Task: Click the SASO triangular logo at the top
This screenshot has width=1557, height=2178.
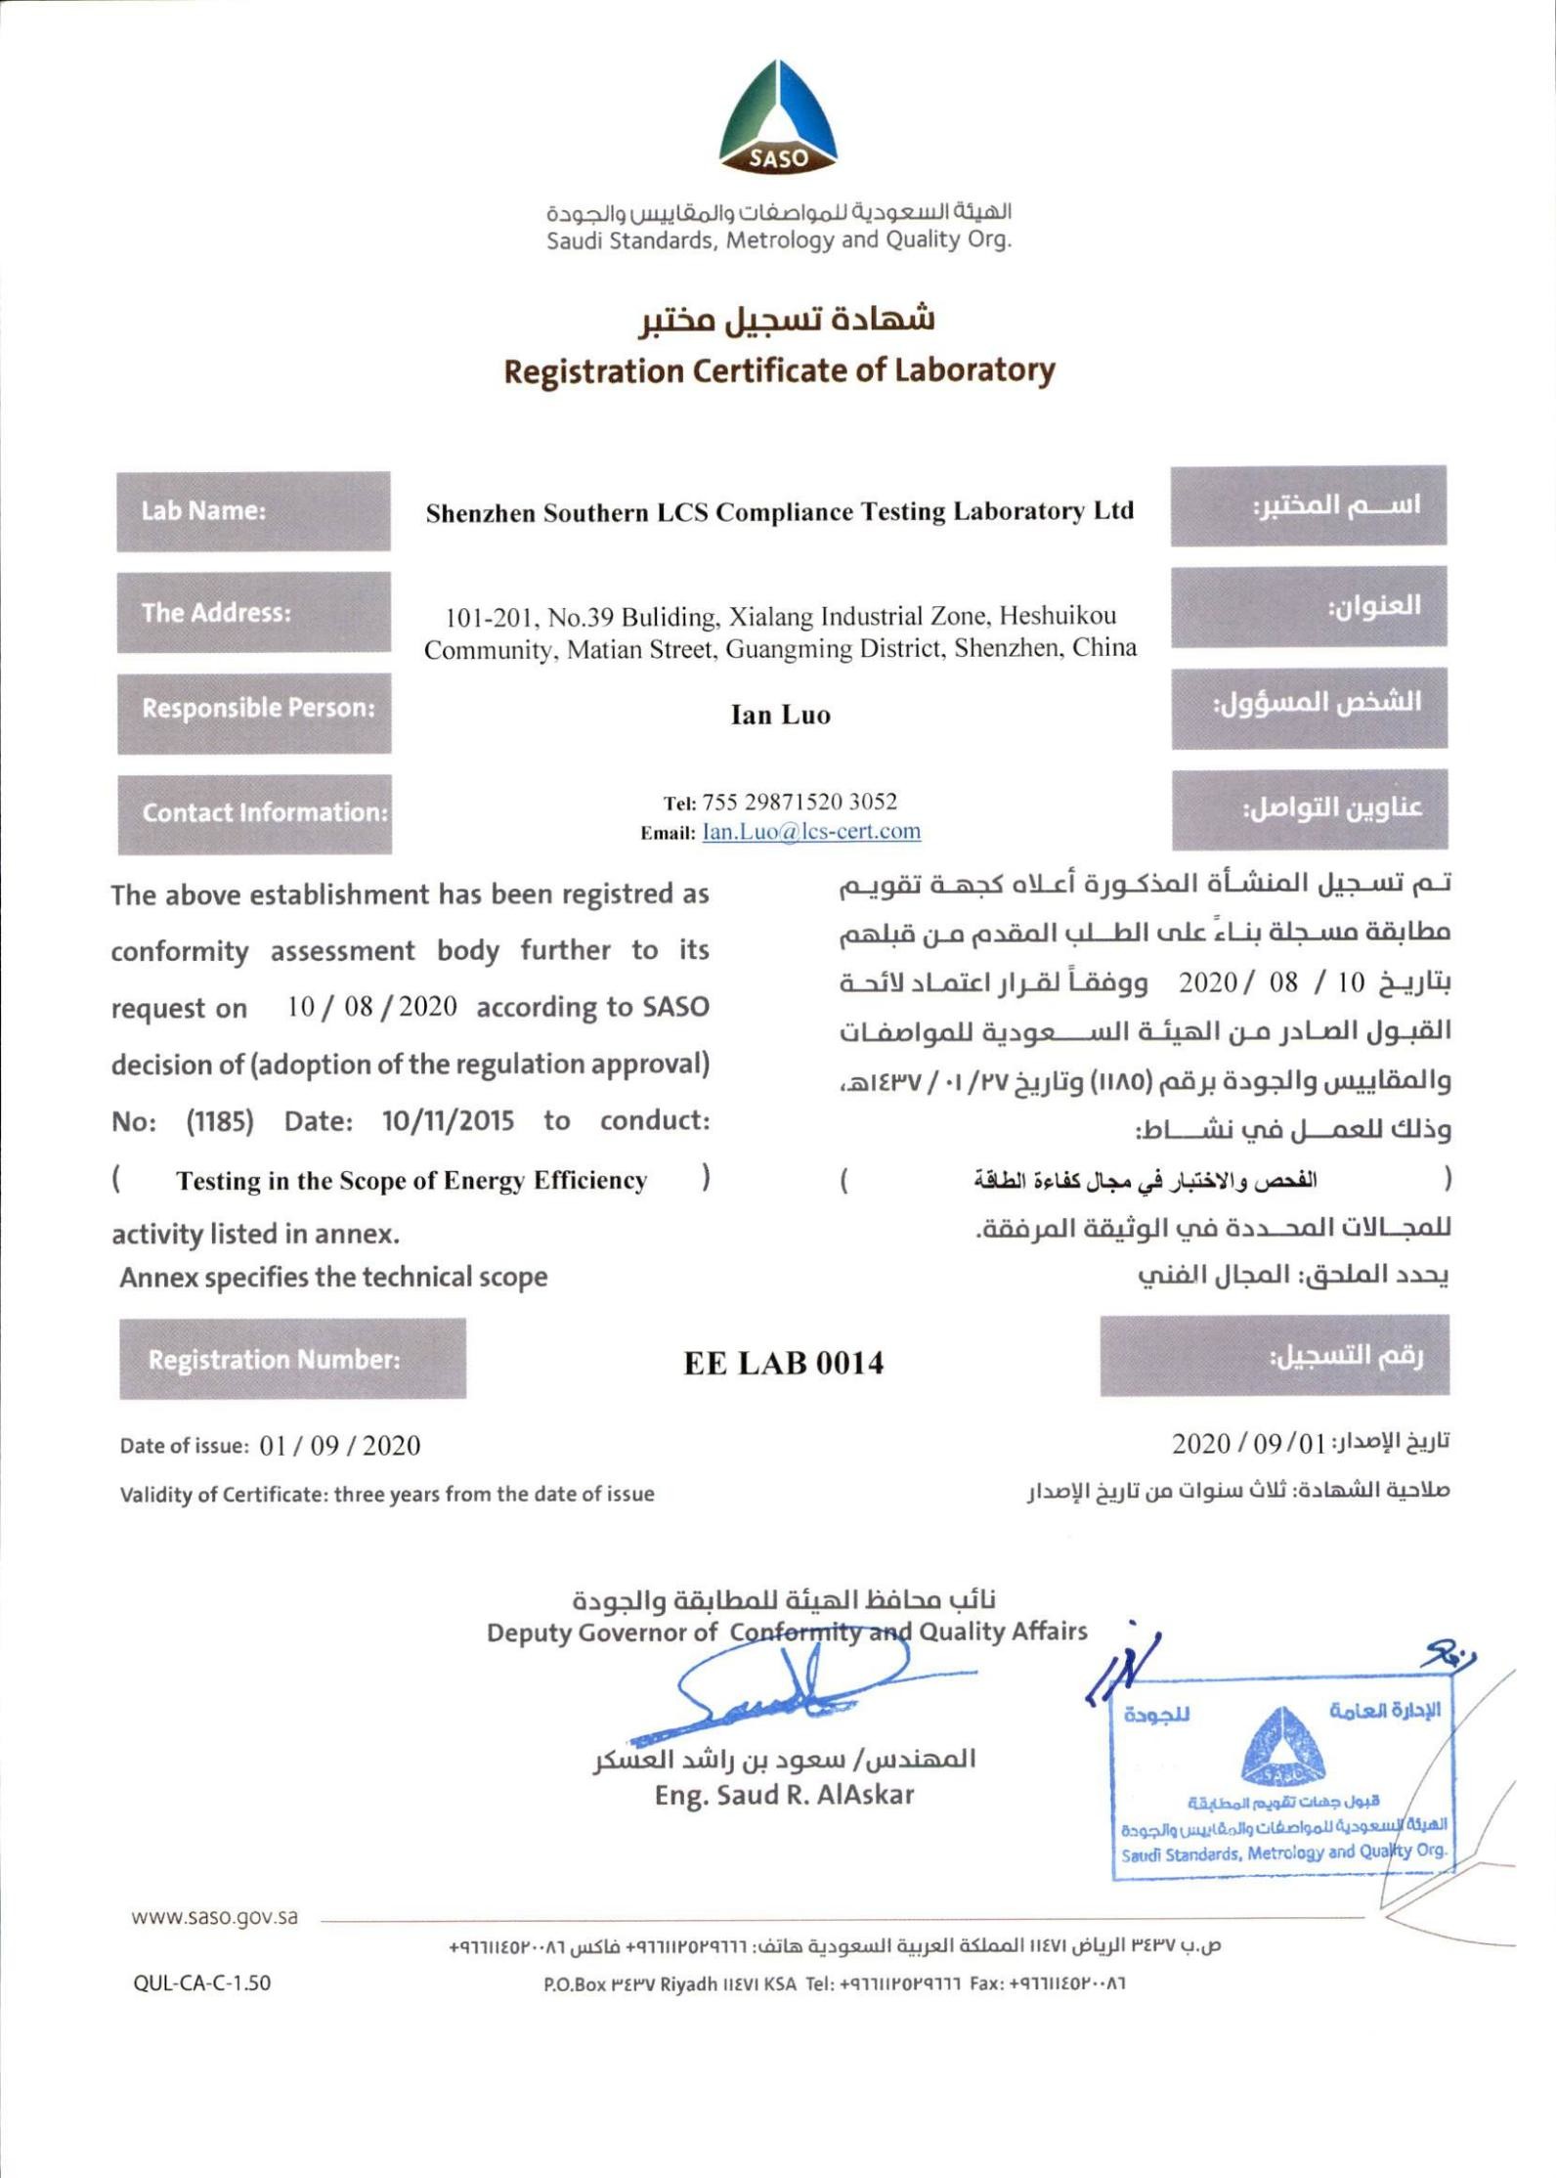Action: (x=778, y=119)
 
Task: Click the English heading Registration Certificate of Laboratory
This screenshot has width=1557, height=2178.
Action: (x=779, y=371)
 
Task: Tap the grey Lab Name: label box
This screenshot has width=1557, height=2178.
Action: (x=253, y=511)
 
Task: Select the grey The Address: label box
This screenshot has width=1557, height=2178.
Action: (x=253, y=613)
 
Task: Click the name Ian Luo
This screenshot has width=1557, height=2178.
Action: (x=780, y=716)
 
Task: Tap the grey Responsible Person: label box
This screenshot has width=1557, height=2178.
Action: (x=254, y=709)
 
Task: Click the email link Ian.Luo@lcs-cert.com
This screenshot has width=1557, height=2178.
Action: (x=811, y=832)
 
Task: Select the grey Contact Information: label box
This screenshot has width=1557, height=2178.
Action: (x=255, y=813)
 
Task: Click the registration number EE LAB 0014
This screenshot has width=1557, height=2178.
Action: (x=784, y=1364)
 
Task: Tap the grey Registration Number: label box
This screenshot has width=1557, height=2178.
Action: (x=292, y=1360)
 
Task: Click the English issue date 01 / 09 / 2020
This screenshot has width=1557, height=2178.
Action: (x=340, y=1446)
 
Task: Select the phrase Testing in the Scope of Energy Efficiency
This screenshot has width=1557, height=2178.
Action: (x=411, y=1181)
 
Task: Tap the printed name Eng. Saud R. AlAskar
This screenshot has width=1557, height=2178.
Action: (x=784, y=1795)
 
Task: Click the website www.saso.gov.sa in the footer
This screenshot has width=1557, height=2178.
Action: (x=215, y=1917)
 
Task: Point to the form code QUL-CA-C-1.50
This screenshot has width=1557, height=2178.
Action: (x=202, y=1983)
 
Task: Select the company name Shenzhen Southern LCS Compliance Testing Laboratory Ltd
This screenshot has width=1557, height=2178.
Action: (x=779, y=512)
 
